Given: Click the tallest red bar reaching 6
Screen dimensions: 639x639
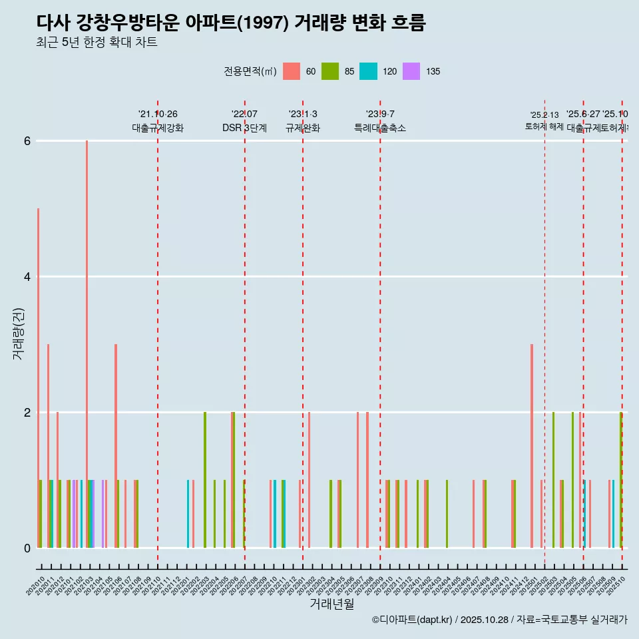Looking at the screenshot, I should click(87, 333).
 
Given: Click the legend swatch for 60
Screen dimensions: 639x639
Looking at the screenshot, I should click(292, 71).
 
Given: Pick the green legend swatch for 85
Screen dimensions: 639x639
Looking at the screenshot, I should click(330, 71).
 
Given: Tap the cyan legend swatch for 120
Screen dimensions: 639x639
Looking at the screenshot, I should click(368, 71).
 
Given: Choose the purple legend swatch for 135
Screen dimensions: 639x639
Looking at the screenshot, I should click(411, 71).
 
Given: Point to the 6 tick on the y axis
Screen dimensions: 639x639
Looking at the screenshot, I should click(27, 141).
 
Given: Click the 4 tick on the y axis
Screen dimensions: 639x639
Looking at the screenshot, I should click(27, 277).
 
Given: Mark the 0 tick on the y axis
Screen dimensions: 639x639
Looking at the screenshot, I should click(27, 548).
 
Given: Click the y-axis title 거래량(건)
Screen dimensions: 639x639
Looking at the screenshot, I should click(19, 333).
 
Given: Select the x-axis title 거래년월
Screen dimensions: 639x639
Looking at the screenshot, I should click(331, 604).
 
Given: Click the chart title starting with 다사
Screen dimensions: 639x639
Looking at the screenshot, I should click(231, 23).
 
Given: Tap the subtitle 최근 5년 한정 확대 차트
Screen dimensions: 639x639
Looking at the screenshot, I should click(97, 43).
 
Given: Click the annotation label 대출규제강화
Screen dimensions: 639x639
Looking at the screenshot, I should click(158, 128).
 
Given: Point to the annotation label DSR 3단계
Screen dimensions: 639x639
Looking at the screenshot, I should click(244, 128).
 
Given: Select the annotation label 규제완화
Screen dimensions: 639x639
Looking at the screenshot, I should click(303, 128).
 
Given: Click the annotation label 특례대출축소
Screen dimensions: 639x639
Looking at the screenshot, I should click(380, 128).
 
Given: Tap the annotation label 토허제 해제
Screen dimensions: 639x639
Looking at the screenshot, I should click(544, 126).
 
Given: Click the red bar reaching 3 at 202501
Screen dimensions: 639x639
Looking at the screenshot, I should click(532, 446).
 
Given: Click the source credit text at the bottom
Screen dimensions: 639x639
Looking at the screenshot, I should click(499, 620).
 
